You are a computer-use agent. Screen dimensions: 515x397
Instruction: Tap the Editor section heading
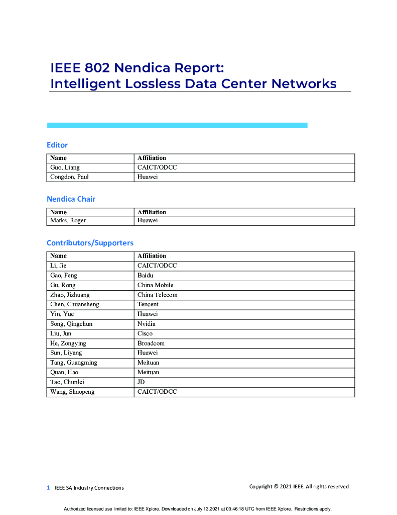coord(57,145)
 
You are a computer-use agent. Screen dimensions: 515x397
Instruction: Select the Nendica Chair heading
coord(71,199)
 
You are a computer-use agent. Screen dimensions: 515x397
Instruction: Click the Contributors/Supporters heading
coord(90,243)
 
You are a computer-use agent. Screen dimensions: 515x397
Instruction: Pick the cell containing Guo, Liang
coord(65,167)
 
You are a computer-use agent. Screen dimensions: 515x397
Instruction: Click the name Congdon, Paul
coord(69,177)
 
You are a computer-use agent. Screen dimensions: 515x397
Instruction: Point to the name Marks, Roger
coord(68,221)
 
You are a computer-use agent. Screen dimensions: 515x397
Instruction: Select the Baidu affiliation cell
coord(146,276)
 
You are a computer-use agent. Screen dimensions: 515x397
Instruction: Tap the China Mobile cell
coord(155,285)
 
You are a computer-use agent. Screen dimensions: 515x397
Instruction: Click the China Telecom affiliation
coord(157,295)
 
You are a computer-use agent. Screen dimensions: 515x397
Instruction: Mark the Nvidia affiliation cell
coord(146,324)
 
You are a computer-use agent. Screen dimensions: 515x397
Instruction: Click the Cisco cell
coord(145,333)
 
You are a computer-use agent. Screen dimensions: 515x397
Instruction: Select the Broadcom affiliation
coord(151,343)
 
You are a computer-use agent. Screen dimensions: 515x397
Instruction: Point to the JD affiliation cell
coord(141,382)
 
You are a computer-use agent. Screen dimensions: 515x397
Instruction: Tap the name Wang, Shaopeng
coord(72,392)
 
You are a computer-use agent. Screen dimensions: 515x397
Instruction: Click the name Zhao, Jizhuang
coord(70,295)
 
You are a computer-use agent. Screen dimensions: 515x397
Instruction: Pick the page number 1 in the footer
coord(48,487)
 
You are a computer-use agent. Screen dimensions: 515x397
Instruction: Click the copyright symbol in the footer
coord(276,486)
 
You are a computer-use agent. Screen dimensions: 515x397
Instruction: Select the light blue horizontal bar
coord(177,125)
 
